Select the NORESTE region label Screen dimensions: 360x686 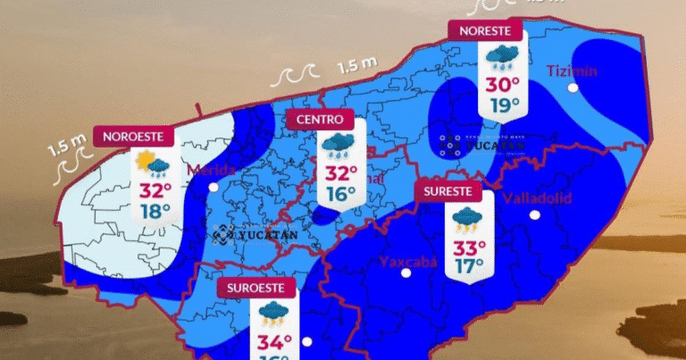[x=485, y=31]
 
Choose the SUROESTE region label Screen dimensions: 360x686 [x=256, y=289]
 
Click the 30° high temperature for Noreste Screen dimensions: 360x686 [x=503, y=86]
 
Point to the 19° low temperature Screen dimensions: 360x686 [x=503, y=107]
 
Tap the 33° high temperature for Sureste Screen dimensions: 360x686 [x=469, y=247]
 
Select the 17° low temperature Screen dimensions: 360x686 [x=469, y=266]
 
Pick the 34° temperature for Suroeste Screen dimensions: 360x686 [x=274, y=341]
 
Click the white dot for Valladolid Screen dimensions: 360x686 [x=534, y=214]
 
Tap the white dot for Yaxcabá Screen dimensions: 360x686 [x=406, y=272]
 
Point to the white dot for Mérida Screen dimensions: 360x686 [x=213, y=187]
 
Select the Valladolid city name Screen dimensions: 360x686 [x=537, y=197]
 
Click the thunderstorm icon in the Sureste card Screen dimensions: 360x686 [x=468, y=218]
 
